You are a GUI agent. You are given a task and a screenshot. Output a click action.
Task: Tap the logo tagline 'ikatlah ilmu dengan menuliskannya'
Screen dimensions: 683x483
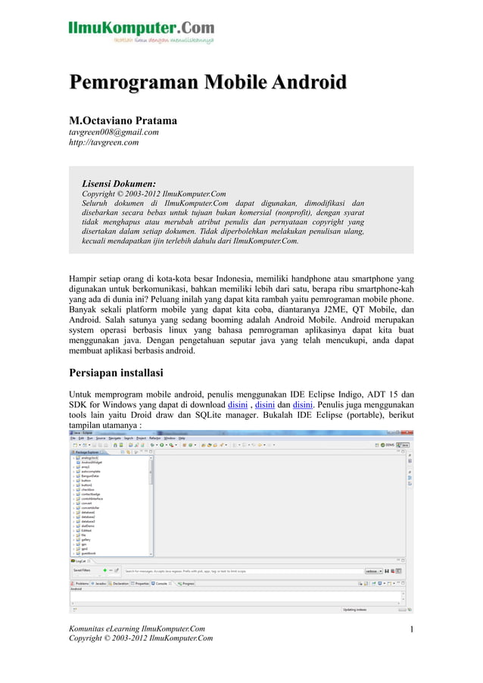(163, 40)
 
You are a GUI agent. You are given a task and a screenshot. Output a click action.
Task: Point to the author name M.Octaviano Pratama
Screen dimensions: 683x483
(123, 121)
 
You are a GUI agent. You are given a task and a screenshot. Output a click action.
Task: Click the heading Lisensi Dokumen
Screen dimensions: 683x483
(119, 183)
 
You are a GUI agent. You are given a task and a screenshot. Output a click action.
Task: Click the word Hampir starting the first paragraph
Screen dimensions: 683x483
(86, 277)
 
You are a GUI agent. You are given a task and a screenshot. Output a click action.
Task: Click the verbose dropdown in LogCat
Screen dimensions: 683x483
(373, 571)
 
